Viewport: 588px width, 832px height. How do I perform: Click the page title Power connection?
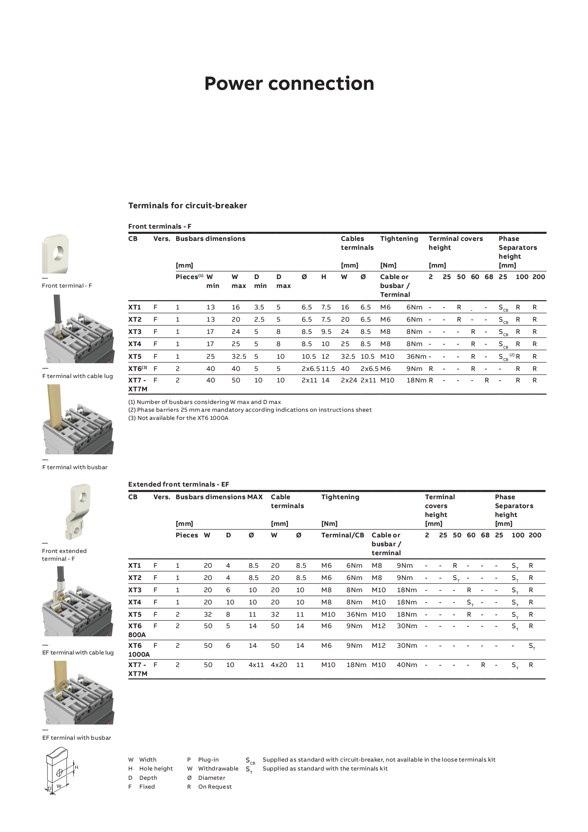click(289, 83)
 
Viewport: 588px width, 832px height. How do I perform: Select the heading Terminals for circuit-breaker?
click(187, 206)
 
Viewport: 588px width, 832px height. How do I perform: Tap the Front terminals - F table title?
click(160, 226)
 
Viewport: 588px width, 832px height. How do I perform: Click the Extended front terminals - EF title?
click(179, 484)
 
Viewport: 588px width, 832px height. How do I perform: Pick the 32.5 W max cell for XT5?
click(239, 357)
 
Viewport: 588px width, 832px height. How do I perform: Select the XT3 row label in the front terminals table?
click(135, 332)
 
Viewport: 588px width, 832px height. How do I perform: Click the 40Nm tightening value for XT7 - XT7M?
click(407, 665)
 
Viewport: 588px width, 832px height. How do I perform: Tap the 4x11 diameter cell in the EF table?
click(256, 665)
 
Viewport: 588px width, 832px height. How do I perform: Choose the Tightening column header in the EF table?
click(340, 497)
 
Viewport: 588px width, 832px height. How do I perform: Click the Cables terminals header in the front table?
click(357, 243)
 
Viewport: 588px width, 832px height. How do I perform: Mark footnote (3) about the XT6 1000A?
click(178, 418)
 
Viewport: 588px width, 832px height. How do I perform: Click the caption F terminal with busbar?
click(75, 467)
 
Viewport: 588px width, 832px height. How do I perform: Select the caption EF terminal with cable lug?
click(78, 653)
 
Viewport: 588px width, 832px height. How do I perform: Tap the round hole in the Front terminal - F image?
click(59, 253)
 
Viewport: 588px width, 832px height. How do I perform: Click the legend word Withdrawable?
click(218, 769)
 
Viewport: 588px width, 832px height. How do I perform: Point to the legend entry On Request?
click(215, 787)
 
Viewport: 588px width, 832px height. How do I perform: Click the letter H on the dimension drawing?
click(76, 767)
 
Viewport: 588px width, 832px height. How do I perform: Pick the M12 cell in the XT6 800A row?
click(379, 626)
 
